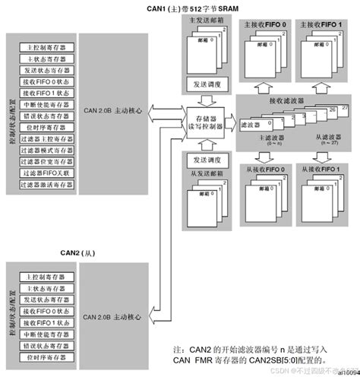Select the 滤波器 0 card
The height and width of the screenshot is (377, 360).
click(254, 123)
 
